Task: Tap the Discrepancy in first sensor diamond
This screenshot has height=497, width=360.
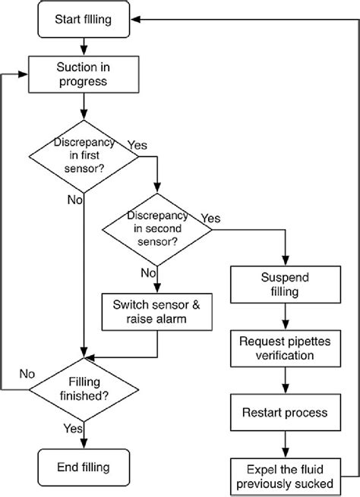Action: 83,156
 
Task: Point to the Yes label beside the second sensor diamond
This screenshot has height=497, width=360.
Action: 211,219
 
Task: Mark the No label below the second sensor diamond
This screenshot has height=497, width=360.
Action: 148,272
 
